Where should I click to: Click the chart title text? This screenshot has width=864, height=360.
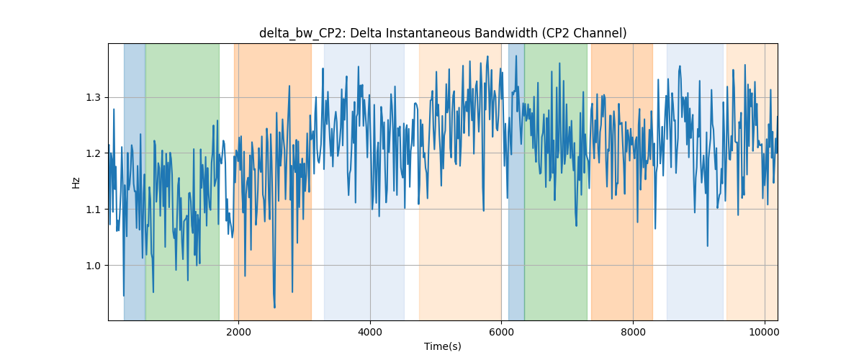pyautogui.click(x=443, y=33)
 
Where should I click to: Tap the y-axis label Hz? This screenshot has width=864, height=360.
pyautogui.click(x=76, y=182)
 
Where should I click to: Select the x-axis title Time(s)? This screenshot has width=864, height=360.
pyautogui.click(x=443, y=346)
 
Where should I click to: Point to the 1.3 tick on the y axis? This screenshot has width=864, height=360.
pyautogui.click(x=93, y=98)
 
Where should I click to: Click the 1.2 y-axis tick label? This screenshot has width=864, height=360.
pyautogui.click(x=93, y=153)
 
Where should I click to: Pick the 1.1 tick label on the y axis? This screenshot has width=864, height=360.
pyautogui.click(x=93, y=210)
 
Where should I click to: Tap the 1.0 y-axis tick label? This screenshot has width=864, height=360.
pyautogui.click(x=93, y=266)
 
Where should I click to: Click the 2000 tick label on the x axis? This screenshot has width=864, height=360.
pyautogui.click(x=239, y=332)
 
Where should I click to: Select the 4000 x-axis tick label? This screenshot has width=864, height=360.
pyautogui.click(x=370, y=332)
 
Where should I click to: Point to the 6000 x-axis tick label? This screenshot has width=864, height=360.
pyautogui.click(x=502, y=332)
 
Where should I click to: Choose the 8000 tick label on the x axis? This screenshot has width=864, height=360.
pyautogui.click(x=634, y=332)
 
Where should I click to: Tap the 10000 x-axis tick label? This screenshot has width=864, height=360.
pyautogui.click(x=765, y=332)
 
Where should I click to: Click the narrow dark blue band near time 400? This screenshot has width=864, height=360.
pyautogui.click(x=135, y=181)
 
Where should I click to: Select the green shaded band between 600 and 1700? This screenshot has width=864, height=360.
pyautogui.click(x=182, y=181)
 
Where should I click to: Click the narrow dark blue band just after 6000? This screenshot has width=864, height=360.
pyautogui.click(x=516, y=181)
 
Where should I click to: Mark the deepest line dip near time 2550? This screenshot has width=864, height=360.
pyautogui.click(x=274, y=307)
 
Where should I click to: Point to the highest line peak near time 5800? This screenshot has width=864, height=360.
pyautogui.click(x=487, y=56)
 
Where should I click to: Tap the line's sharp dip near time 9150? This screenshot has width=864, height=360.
pyautogui.click(x=707, y=246)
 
